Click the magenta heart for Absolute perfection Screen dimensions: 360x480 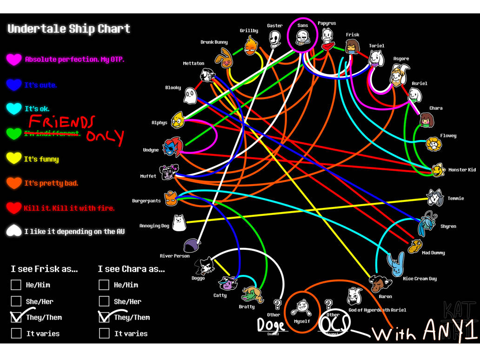click(x=14, y=60)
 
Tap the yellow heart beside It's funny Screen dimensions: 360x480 click(x=14, y=159)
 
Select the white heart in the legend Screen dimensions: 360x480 click(x=14, y=231)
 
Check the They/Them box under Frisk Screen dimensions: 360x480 click(x=16, y=317)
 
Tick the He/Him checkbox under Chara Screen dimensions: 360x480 click(x=104, y=285)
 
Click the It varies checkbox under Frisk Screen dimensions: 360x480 click(x=16, y=333)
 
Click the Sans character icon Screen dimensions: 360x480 click(x=302, y=38)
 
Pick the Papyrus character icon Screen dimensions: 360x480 click(x=327, y=38)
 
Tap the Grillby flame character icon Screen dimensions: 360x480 click(x=251, y=46)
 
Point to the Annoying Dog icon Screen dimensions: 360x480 click(x=179, y=223)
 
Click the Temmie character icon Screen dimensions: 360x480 click(x=435, y=197)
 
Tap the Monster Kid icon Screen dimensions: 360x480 click(x=437, y=170)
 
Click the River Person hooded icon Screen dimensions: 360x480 click(x=192, y=246)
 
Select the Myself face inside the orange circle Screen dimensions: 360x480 click(x=302, y=307)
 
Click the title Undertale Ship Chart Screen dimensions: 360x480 click(x=69, y=29)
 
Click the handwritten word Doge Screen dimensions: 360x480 click(x=272, y=325)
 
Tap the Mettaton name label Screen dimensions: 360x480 click(x=193, y=63)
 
